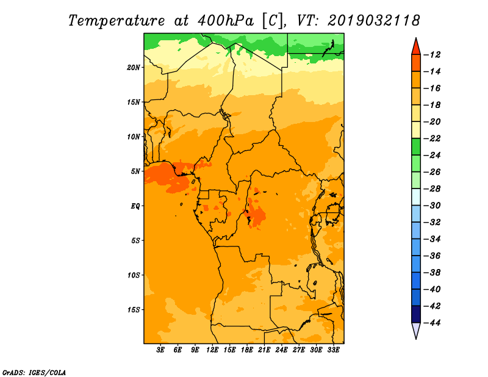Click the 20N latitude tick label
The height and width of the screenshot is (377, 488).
(134, 68)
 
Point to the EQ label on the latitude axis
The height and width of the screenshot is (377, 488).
(135, 206)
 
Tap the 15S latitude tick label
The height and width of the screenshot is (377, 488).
(134, 310)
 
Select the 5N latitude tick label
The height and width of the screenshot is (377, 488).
(135, 171)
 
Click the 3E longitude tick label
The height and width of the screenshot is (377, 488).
(160, 350)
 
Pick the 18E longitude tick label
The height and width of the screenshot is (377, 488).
(247, 350)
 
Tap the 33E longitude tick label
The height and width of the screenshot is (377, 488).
(333, 350)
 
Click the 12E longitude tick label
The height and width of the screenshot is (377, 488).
(212, 350)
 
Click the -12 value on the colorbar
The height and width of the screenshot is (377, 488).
(432, 55)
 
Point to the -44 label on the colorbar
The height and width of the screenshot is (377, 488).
(432, 323)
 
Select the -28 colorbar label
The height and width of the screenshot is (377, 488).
(432, 188)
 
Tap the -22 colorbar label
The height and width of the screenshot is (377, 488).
(432, 138)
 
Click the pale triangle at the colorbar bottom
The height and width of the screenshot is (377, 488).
(416, 329)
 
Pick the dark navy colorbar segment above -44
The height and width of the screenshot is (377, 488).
(416, 314)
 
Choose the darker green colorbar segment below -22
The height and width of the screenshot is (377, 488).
(416, 146)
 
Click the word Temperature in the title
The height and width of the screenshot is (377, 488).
(117, 21)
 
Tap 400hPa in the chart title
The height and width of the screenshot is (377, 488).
(225, 21)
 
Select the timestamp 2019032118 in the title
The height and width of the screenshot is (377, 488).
(374, 21)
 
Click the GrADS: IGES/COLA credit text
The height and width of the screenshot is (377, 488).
(34, 373)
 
